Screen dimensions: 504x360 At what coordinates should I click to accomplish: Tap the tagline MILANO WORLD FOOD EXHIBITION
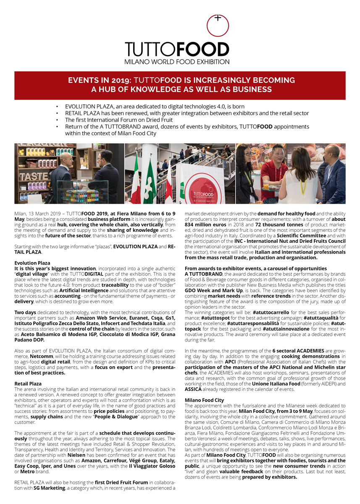tap(177, 62)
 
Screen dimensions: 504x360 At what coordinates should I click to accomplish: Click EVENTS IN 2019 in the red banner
tap(95, 80)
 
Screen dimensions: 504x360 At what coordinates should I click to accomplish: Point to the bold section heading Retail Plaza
tap(28, 383)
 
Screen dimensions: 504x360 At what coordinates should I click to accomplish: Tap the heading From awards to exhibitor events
tap(256, 268)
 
